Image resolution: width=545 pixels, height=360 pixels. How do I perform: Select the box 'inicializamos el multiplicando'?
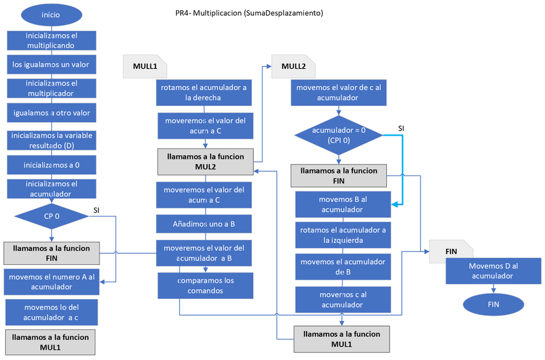click(51, 40)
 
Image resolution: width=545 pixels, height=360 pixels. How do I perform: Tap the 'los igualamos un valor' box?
click(51, 64)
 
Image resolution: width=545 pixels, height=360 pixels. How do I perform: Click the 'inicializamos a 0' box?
click(51, 164)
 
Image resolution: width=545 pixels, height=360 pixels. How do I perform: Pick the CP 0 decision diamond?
click(51, 216)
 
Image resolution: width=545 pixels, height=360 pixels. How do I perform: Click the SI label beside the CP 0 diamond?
click(97, 210)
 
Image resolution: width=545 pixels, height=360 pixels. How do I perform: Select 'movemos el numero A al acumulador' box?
click(51, 282)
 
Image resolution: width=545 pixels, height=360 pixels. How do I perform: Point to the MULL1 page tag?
click(145, 66)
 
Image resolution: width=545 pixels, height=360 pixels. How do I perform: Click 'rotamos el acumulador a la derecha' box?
click(203, 93)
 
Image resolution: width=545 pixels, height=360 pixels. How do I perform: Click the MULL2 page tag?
click(293, 66)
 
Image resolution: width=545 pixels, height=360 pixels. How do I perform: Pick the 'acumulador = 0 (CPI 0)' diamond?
click(338, 134)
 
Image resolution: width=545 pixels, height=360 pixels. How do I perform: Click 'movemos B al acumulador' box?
click(343, 204)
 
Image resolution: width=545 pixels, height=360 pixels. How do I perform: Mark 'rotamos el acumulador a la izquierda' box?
click(343, 235)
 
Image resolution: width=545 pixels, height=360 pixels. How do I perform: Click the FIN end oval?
click(493, 304)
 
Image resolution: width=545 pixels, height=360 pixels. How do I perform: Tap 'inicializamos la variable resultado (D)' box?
click(51, 140)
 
